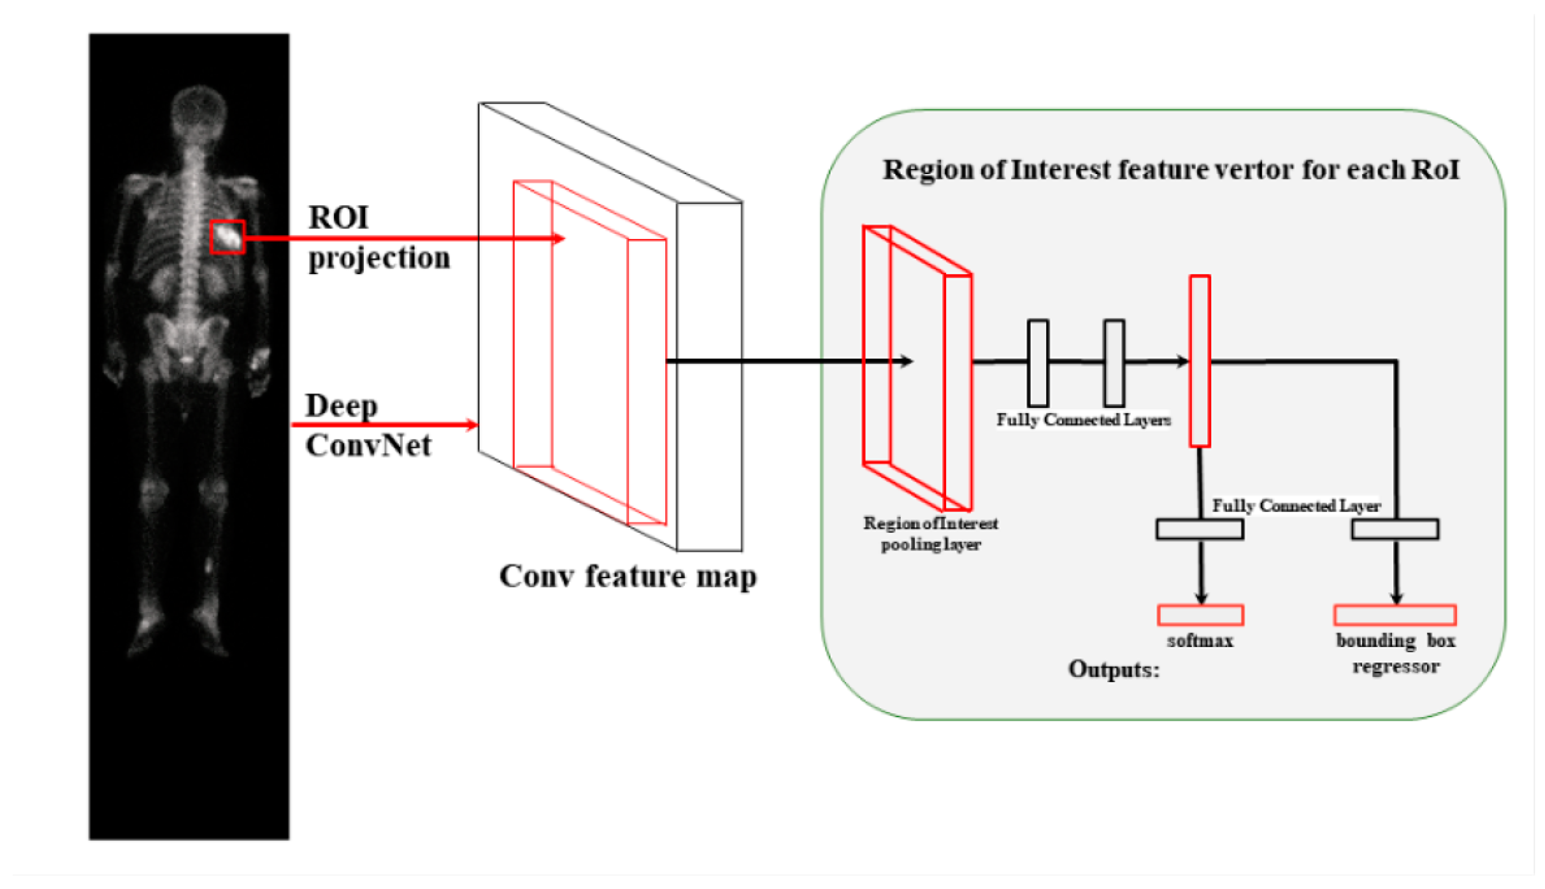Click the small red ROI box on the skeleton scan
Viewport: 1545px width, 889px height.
(x=227, y=237)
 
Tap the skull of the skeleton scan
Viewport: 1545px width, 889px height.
(x=198, y=110)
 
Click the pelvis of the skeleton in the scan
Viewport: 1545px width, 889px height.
(x=186, y=342)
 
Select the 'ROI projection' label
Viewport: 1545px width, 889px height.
(x=379, y=238)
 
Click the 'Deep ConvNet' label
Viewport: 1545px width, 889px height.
(x=368, y=426)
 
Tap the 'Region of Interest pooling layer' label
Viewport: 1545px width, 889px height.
(x=930, y=534)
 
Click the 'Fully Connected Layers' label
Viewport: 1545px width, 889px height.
(x=1083, y=420)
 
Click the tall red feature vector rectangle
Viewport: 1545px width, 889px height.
(x=1199, y=361)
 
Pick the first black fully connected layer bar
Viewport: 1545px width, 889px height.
(x=1038, y=363)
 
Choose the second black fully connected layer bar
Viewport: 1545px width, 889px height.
(x=1114, y=363)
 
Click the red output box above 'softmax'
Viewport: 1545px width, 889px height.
(x=1200, y=615)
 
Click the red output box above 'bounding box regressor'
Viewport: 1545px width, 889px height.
(x=1395, y=615)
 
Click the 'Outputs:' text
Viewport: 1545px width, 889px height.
(x=1113, y=670)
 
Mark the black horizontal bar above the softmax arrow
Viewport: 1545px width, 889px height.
(x=1199, y=529)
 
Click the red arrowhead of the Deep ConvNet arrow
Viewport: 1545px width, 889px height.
(x=472, y=425)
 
